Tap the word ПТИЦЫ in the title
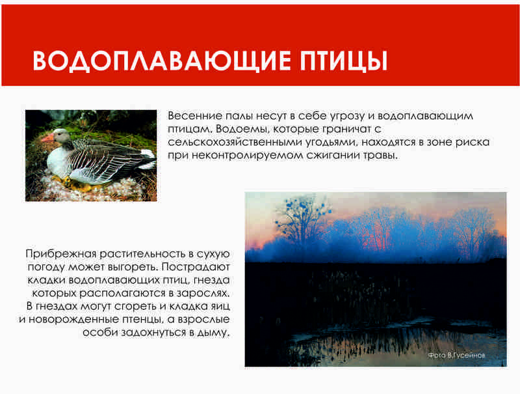pyautogui.click(x=344, y=61)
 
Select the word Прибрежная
pyautogui.click(x=61, y=254)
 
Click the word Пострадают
pyautogui.click(x=196, y=267)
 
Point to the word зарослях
pyautogui.click(x=203, y=293)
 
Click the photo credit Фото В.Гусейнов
pyautogui.click(x=457, y=356)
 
